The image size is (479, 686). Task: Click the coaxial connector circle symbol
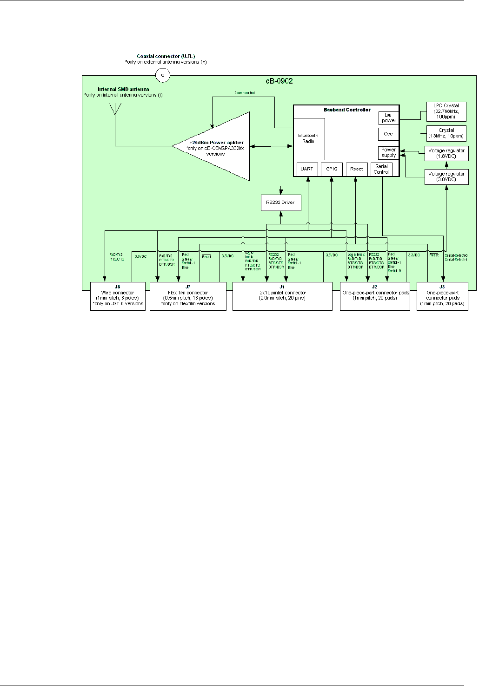(162, 75)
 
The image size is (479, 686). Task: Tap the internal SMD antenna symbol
(115, 109)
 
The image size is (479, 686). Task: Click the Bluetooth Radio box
(309, 139)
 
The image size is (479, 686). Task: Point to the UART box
(307, 169)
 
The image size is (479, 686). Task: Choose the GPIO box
(332, 169)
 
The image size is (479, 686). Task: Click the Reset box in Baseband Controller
(357, 169)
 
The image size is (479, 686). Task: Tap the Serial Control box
(381, 169)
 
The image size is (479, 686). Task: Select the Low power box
(389, 118)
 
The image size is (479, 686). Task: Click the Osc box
(388, 134)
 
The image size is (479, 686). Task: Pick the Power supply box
(388, 153)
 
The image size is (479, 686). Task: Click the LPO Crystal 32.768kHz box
(446, 111)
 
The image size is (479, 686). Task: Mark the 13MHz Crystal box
(446, 133)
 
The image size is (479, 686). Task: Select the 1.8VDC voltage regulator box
(446, 154)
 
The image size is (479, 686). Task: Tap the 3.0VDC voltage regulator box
(446, 176)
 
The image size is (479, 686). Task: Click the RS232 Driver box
(281, 203)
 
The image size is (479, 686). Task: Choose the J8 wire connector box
(118, 296)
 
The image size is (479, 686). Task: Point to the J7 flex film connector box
(188, 296)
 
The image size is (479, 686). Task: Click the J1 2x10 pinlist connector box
(282, 296)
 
